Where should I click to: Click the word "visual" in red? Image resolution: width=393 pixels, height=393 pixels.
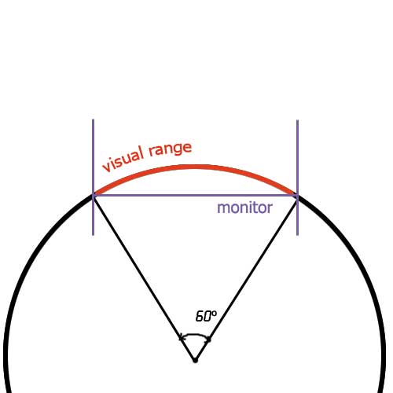pos(123,159)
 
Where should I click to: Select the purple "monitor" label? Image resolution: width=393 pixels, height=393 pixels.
pos(245,208)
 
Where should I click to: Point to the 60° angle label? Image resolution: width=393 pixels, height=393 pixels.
pos(206,316)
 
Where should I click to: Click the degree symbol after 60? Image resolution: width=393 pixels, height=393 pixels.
pos(215,313)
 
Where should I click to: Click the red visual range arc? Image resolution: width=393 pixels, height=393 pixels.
pos(195,167)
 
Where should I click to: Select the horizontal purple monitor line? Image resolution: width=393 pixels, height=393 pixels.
pos(195,195)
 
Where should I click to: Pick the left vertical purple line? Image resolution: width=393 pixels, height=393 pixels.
pos(94,178)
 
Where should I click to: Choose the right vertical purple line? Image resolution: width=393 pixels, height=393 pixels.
pos(297,178)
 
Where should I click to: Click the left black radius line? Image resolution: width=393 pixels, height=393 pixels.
pos(144,277)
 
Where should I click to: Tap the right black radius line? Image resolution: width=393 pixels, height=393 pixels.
pos(246,277)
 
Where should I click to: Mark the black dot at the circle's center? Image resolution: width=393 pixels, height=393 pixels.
pos(195,360)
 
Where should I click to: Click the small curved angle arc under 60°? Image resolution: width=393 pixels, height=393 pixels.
pos(195,335)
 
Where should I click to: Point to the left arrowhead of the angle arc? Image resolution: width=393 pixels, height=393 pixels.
pos(182,339)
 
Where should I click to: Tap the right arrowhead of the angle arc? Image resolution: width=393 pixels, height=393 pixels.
pos(208,340)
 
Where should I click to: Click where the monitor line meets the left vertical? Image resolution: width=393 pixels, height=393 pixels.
pos(94,195)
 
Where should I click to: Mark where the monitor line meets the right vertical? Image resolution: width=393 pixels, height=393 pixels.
pos(297,195)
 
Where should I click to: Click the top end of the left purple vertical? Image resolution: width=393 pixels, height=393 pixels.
pos(94,119)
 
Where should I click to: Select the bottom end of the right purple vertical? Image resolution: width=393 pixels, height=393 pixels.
pos(297,235)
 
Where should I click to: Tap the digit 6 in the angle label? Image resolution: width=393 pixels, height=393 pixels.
pos(200,316)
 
